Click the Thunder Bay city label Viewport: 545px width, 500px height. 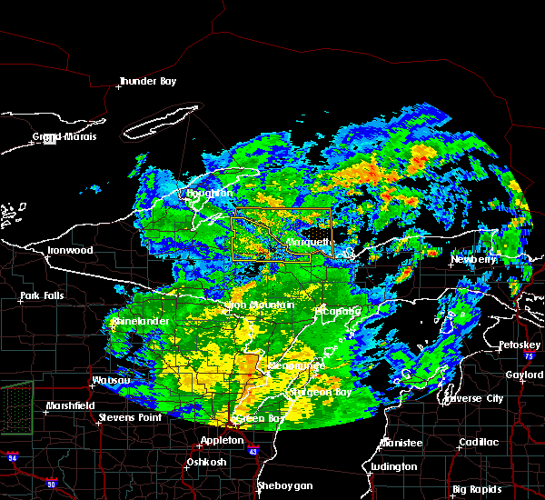pos(147,82)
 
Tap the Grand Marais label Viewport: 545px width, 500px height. pos(64,137)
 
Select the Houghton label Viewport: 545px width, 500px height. pos(210,194)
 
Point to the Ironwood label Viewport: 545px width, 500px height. pos(72,250)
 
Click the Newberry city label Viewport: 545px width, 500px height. pos(474,260)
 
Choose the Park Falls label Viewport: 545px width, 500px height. pos(41,296)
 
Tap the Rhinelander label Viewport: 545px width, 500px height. pos(141,322)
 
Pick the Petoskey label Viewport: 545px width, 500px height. pos(520,345)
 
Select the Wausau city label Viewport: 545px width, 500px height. pos(113,380)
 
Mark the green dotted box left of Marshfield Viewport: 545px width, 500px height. pos(15,395)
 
